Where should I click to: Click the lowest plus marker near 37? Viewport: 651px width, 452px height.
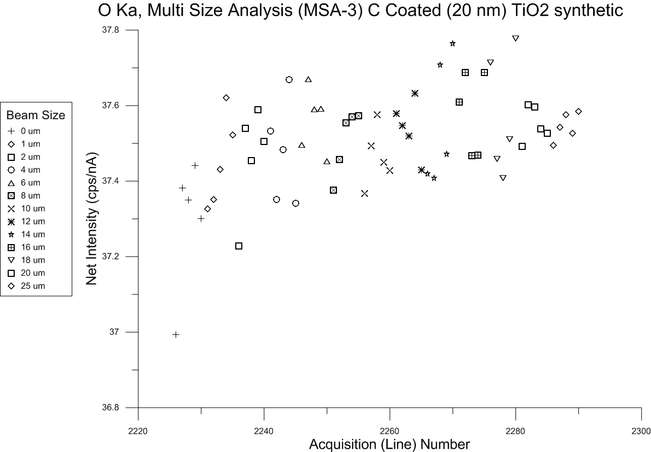click(176, 334)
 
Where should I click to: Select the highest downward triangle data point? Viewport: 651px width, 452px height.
click(515, 38)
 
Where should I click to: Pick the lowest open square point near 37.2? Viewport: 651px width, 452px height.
click(239, 246)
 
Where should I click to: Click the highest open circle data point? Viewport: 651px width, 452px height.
click(289, 79)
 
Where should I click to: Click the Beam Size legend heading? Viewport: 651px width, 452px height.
click(36, 115)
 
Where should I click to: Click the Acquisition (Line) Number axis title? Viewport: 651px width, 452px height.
click(390, 443)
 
